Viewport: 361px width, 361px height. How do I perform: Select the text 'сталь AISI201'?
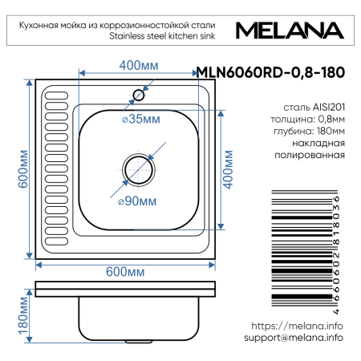(314, 105)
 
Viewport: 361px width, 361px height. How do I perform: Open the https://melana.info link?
(297, 326)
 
